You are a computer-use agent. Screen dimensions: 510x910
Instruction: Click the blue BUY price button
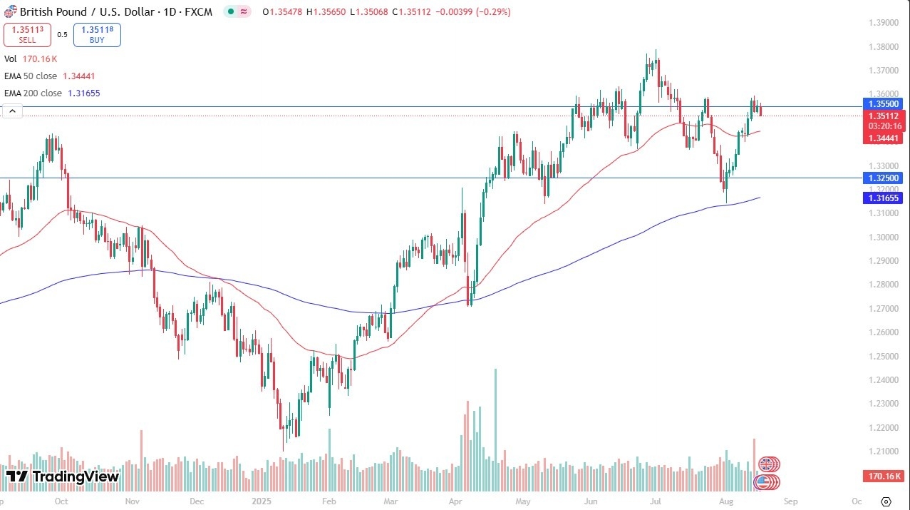click(97, 34)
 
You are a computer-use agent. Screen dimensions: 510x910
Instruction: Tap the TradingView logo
click(63, 476)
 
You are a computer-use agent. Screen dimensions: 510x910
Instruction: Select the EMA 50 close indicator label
click(49, 76)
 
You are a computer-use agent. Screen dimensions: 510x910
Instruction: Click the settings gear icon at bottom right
click(886, 501)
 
